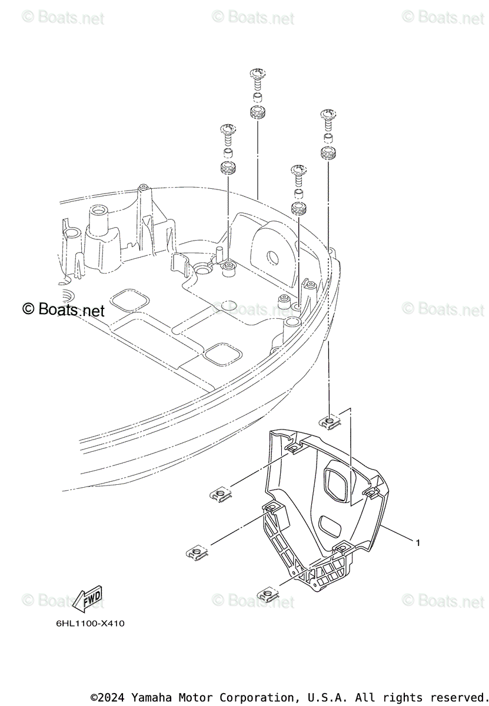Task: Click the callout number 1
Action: click(x=418, y=542)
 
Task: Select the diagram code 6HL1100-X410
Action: click(x=87, y=624)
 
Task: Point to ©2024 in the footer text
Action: click(x=108, y=697)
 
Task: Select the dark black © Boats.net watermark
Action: click(x=64, y=309)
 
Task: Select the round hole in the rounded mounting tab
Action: click(x=273, y=257)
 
